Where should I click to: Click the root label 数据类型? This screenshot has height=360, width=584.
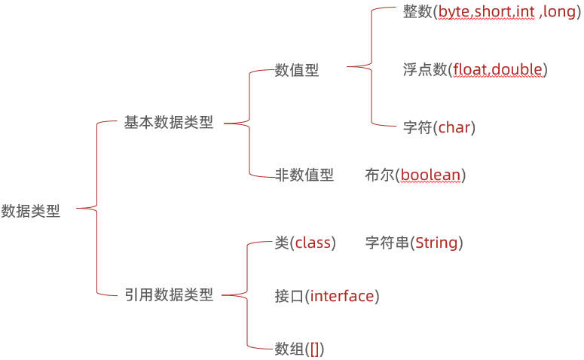tap(31, 212)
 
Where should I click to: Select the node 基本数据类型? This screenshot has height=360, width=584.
tap(169, 123)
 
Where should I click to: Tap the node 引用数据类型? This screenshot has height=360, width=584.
tap(169, 295)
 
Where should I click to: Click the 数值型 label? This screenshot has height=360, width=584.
tap(297, 70)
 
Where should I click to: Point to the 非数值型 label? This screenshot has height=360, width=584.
tap(304, 175)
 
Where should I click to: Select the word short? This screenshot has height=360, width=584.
tap(492, 13)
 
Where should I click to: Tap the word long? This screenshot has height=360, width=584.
tap(558, 13)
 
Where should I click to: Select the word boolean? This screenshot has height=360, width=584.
tap(430, 175)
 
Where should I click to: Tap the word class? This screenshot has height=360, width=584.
tap(313, 243)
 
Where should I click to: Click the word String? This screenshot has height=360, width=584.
tap(436, 243)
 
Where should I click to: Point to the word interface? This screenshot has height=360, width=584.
tap(342, 296)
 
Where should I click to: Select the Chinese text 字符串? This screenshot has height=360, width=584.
tap(387, 243)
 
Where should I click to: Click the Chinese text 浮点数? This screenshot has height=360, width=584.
tap(425, 70)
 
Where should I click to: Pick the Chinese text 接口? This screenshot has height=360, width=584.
tap(289, 296)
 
